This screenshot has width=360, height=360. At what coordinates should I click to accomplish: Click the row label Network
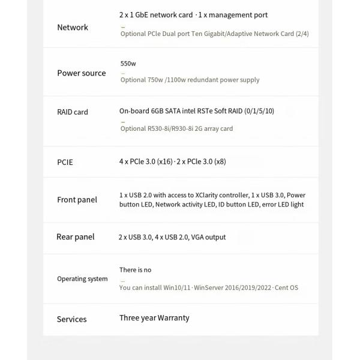coord(73,28)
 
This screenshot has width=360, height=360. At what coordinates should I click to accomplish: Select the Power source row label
coord(82,73)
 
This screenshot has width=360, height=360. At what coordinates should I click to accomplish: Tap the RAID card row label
coord(73,112)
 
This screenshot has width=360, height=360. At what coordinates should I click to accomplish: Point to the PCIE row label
coord(65,162)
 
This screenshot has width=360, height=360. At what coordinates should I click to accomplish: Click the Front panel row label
coord(77,200)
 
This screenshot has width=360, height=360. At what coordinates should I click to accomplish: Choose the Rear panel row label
coord(75,237)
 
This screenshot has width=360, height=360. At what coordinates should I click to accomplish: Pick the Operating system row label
coord(82,279)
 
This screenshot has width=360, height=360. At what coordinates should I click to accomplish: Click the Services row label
coord(72,319)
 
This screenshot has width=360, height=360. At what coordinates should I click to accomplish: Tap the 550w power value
coord(128,64)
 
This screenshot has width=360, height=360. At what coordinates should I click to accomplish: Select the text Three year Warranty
coord(154,318)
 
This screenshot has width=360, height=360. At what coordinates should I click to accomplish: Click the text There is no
coord(136,270)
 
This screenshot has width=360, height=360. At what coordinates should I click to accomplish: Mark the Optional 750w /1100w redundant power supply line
coord(190,80)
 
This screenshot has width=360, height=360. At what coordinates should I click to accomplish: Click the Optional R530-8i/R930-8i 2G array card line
coord(176,128)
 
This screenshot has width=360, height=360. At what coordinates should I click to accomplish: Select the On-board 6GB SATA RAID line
coord(197,111)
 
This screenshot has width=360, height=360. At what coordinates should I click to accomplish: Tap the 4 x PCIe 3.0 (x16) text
coord(146,161)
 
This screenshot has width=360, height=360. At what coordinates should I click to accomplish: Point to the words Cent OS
coord(286,288)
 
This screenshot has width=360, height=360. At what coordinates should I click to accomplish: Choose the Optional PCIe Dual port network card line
coord(214,34)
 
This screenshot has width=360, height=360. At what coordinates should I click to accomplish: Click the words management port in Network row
coord(242,15)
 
